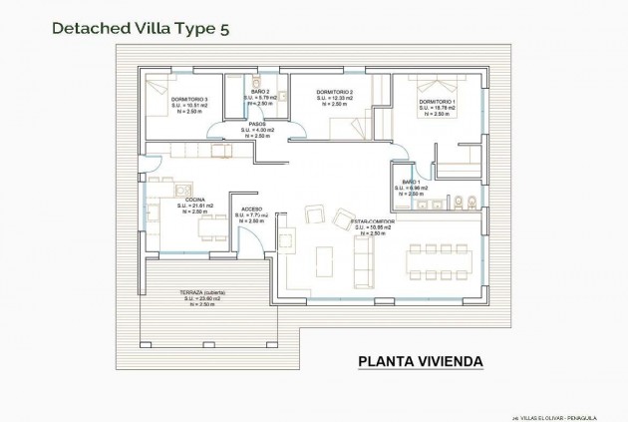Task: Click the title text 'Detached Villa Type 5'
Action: pyautogui.click(x=129, y=28)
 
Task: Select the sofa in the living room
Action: pyautogui.click(x=366, y=261)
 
